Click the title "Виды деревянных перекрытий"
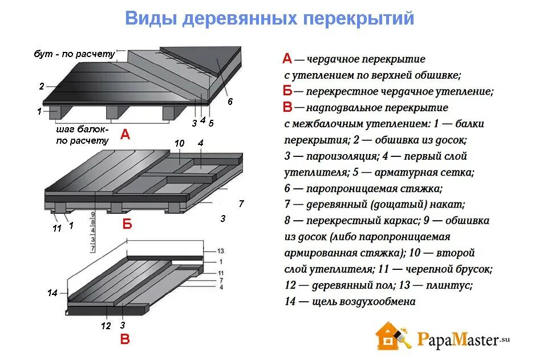pos(269,19)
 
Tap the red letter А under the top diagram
pos(125,135)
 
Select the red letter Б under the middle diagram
pos(127,224)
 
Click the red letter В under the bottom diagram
pos(125,340)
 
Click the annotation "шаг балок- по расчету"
pos(82,135)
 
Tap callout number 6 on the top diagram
pos(230,102)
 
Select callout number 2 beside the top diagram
pos(42,87)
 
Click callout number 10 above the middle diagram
pos(179,144)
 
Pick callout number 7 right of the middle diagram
pos(241,203)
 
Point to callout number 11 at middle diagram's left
pos(56,228)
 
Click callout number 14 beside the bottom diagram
pos(52,293)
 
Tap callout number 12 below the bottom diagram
pos(106,326)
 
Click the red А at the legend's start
pos(287,58)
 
